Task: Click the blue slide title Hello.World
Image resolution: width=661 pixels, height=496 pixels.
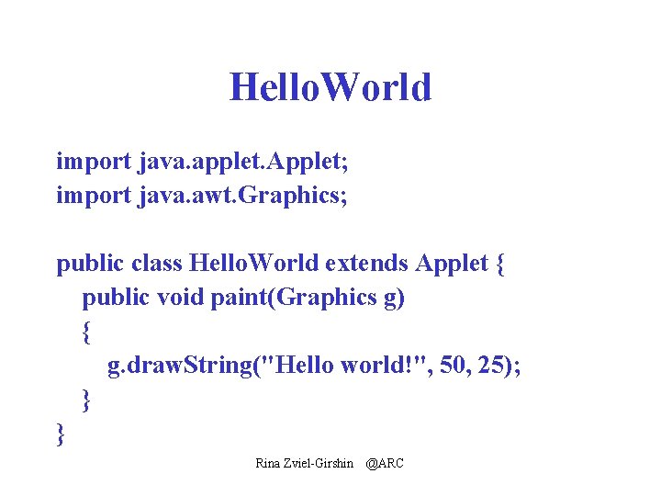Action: (x=330, y=87)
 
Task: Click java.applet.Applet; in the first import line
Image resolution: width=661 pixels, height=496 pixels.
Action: (x=244, y=163)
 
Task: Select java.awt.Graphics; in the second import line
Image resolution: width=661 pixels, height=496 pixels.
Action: (x=243, y=196)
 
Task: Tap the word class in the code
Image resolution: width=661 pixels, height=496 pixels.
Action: (x=156, y=265)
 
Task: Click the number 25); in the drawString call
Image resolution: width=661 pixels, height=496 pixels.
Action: (x=500, y=366)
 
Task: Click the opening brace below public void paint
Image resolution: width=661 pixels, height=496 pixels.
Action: (x=86, y=333)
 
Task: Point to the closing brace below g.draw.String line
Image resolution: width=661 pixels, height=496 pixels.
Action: (x=86, y=400)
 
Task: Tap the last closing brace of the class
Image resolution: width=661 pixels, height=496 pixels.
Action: (x=61, y=433)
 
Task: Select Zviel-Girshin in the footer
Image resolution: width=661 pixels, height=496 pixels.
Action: (x=320, y=463)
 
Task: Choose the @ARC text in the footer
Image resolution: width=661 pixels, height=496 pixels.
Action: (x=384, y=463)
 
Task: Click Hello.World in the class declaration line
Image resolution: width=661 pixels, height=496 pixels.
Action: (x=253, y=265)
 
